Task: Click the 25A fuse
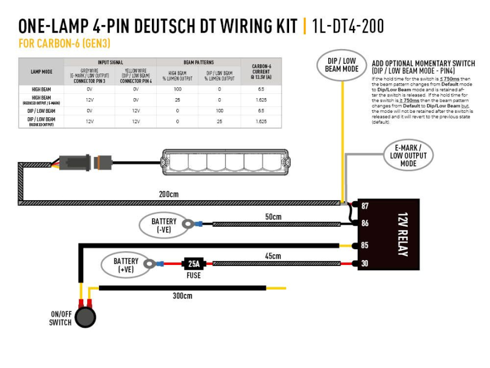pos(193,264)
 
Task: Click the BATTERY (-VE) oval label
pos(163,225)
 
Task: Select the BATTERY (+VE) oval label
pos(126,265)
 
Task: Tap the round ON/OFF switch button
pos(85,317)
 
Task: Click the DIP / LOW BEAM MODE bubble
pos(341,65)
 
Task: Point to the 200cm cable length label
pos(168,194)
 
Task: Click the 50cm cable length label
pos(273,216)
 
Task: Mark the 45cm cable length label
pos(273,256)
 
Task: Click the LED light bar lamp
pos(224,162)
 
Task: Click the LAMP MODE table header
pos(41,71)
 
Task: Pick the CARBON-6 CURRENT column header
pos(261,71)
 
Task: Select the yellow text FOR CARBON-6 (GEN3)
pos(64,44)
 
